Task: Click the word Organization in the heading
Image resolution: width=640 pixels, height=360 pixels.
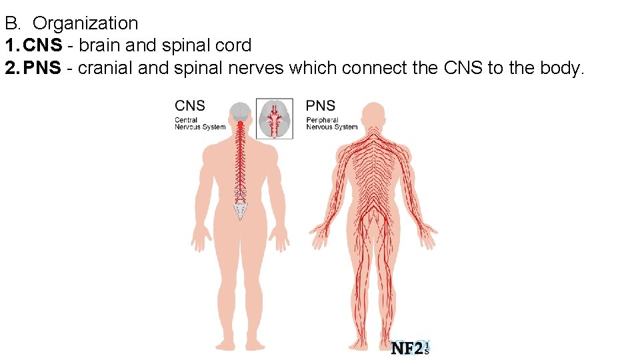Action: (85, 24)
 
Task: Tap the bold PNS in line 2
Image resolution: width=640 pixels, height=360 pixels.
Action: (43, 68)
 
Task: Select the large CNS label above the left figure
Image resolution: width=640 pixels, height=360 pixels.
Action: (190, 106)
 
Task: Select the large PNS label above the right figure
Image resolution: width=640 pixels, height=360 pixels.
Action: (321, 106)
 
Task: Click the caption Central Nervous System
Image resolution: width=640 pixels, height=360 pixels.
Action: (199, 124)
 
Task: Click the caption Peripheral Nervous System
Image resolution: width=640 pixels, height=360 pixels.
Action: (331, 124)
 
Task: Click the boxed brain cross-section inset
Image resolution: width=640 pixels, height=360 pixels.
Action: (275, 119)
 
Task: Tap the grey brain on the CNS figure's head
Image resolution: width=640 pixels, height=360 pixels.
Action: (240, 113)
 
